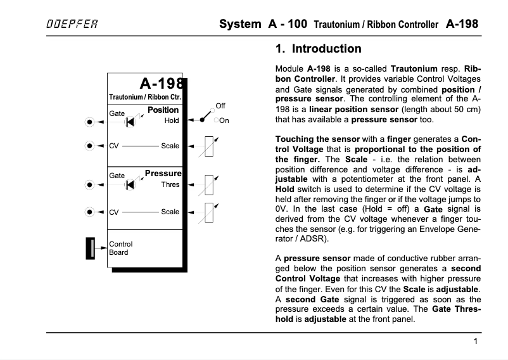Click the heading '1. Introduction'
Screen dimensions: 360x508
point(319,49)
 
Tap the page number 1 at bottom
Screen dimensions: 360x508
point(475,342)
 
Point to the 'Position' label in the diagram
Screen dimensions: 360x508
point(163,110)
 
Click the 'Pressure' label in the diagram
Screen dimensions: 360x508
point(163,173)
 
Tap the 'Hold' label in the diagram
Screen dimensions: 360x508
point(171,120)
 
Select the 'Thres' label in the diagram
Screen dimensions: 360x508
point(170,184)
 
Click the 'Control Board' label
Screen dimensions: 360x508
point(121,248)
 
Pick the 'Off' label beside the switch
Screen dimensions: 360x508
point(220,105)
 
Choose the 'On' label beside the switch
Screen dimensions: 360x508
point(224,120)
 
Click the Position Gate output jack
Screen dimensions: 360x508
point(91,121)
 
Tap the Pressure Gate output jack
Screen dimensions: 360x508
point(91,185)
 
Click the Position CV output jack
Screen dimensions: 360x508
point(91,146)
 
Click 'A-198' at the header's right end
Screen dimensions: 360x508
point(462,25)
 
